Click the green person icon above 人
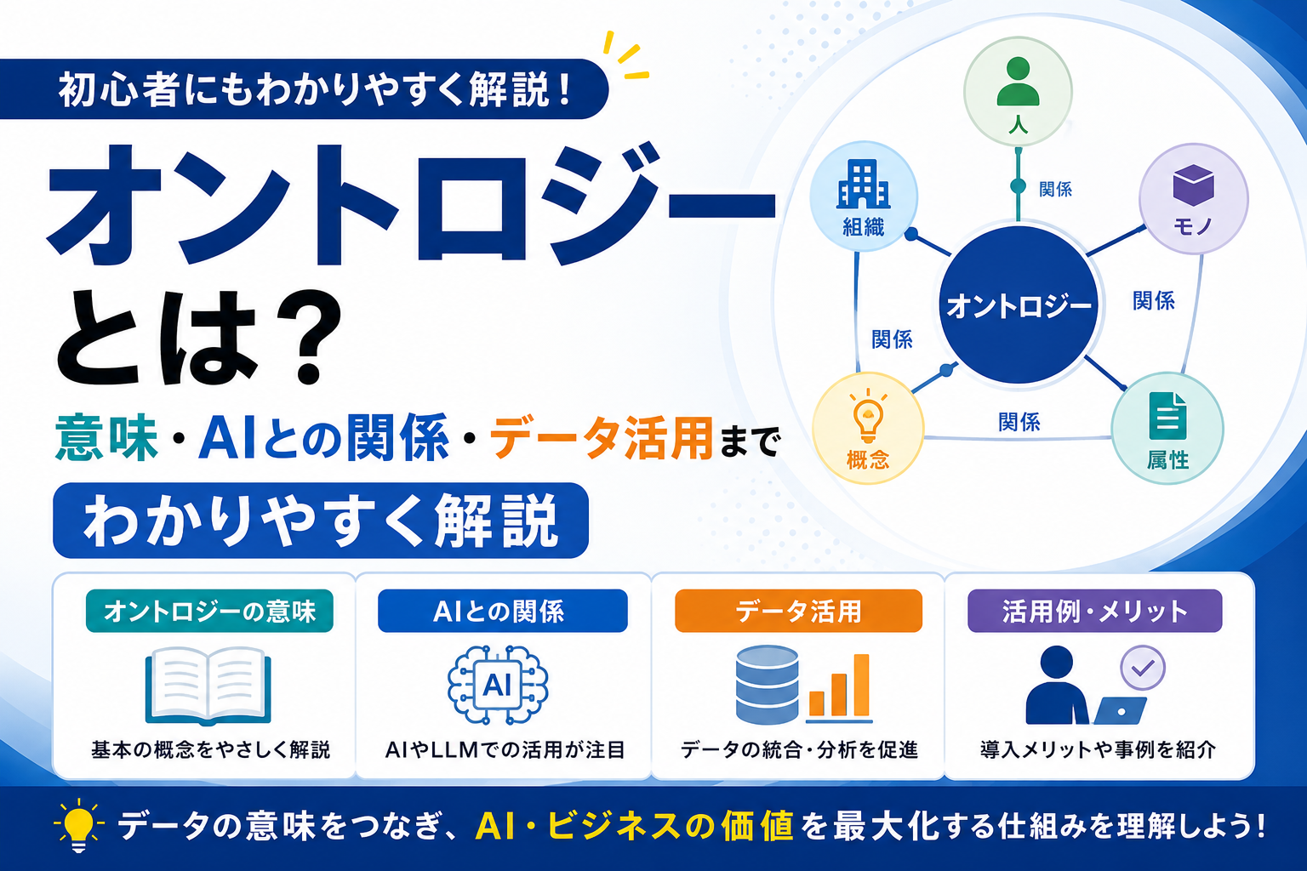tap(1018, 82)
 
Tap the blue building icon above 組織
tap(863, 184)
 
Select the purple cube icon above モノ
tap(1193, 185)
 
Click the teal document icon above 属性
tap(1167, 415)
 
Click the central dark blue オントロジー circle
tap(1019, 305)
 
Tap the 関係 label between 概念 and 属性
tap(1019, 422)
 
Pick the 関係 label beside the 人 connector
tap(1055, 189)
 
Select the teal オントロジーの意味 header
tap(209, 611)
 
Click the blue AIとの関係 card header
tap(502, 611)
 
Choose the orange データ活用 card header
tap(798, 611)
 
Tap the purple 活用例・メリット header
tap(1094, 611)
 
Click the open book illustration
tap(208, 686)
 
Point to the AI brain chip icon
tap(498, 685)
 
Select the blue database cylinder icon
tap(767, 684)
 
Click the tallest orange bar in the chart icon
tap(862, 685)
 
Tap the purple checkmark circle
tap(1143, 668)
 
